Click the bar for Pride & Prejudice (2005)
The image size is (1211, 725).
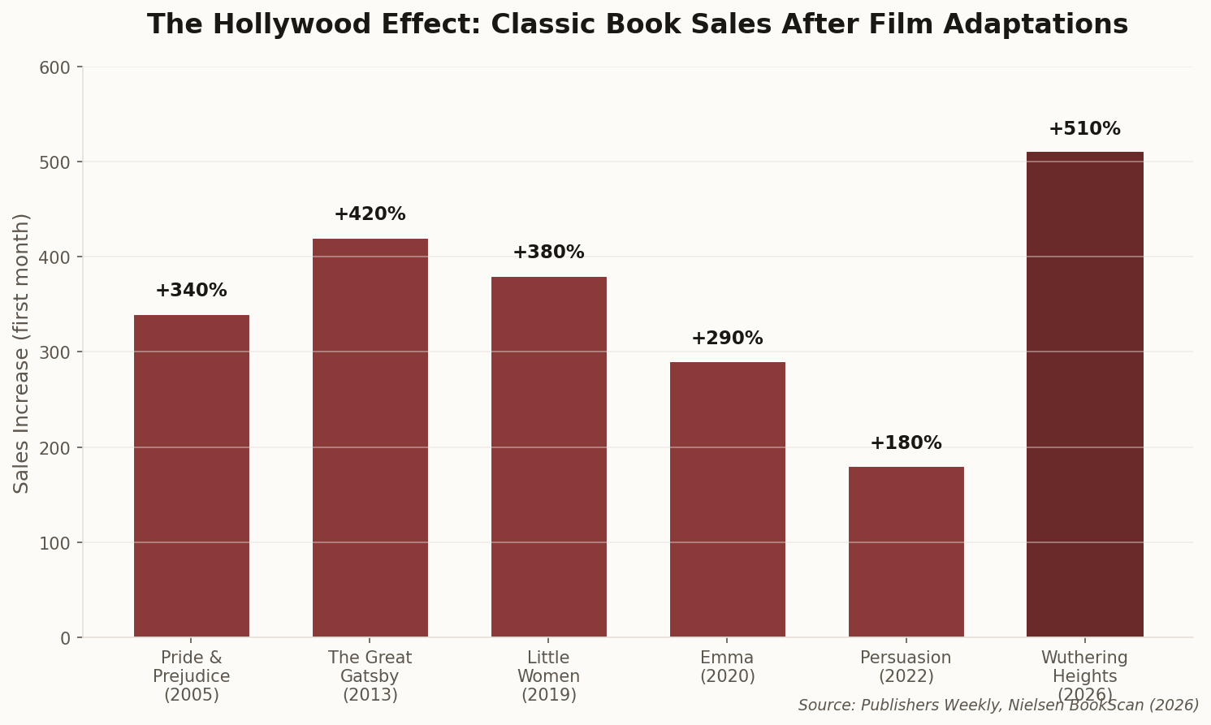coord(192,476)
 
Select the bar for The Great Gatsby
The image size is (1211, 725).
coord(370,438)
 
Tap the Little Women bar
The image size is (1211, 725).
coord(549,456)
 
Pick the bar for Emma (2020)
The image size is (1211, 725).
coord(728,499)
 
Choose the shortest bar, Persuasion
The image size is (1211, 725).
coord(906,551)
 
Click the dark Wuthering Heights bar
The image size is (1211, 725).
coord(1085,395)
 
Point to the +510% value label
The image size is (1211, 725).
coord(1084,129)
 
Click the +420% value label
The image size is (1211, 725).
coord(370,214)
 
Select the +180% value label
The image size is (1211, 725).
coord(906,443)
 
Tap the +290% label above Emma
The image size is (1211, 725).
coord(727,339)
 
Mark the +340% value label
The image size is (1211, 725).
coord(191,291)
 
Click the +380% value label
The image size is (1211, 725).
coord(548,252)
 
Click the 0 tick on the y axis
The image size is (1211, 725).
coord(66,638)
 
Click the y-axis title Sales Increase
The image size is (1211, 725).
coord(22,352)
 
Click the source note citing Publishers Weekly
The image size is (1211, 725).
coord(998,706)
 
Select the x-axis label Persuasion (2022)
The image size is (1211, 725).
coord(906,667)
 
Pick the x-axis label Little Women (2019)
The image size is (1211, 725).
coord(549,675)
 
